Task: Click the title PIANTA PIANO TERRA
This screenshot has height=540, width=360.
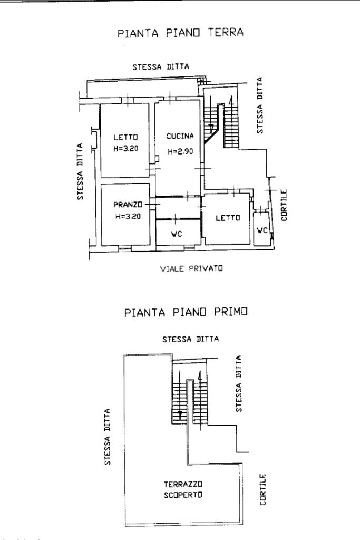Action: pos(181,33)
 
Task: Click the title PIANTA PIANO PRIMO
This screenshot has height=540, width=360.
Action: pos(186,312)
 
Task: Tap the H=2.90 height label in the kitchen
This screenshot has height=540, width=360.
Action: pos(181,151)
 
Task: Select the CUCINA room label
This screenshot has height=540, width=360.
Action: pos(180,137)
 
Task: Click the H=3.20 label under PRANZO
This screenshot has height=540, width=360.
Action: pos(126,216)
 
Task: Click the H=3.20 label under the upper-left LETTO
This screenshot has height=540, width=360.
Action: pos(125,148)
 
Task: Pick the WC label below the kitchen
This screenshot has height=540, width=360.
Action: pos(177,234)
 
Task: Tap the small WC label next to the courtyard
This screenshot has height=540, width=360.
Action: pos(262,230)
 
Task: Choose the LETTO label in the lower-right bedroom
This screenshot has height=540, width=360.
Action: pos(228,218)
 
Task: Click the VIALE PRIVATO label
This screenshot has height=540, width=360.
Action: pos(191,268)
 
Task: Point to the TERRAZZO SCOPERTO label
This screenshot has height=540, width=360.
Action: pos(183,489)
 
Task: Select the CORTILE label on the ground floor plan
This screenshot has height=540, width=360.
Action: pos(284,205)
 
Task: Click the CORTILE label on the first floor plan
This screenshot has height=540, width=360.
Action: pos(263,489)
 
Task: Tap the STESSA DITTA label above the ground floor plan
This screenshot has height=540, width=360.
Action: pos(160,66)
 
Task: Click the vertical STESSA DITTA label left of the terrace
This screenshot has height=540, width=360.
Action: pos(107,437)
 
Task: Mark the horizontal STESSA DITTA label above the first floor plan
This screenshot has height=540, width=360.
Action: pos(190,339)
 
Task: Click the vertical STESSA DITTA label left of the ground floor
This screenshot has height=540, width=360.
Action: pos(80,172)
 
